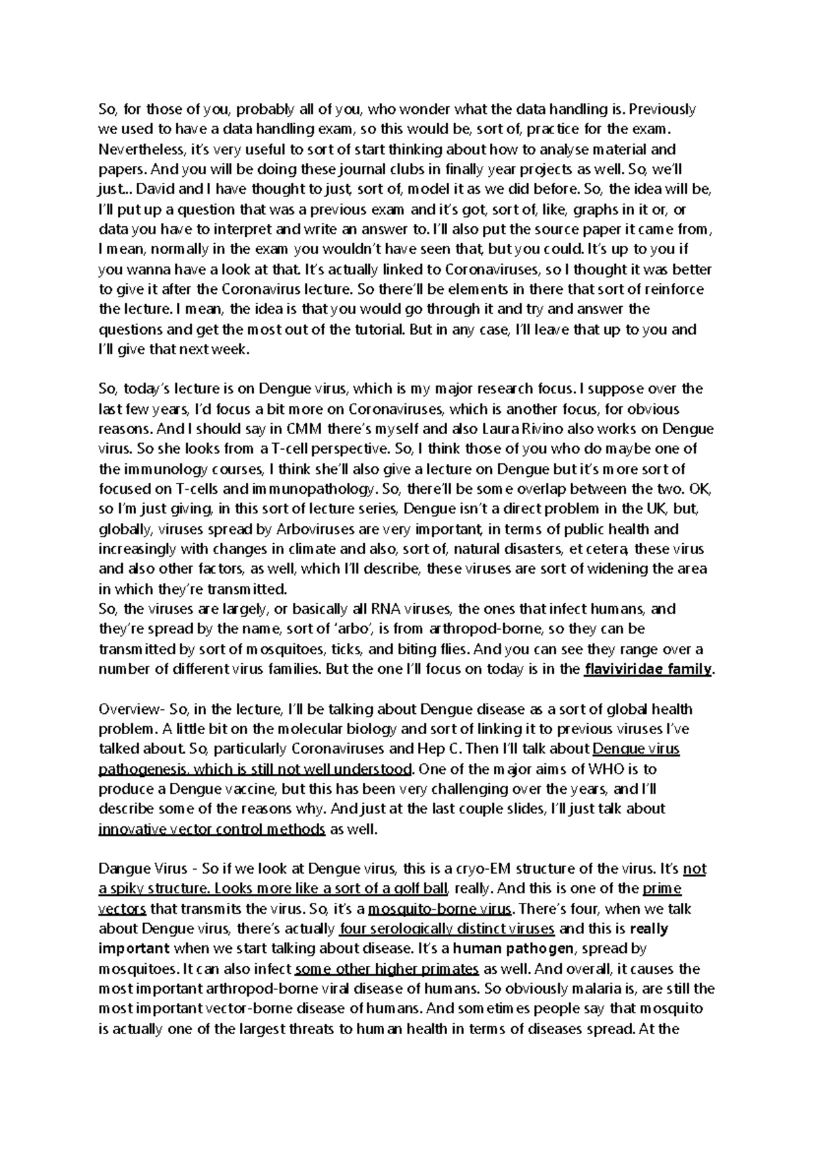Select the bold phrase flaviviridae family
648,670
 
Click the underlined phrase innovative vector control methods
212,830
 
